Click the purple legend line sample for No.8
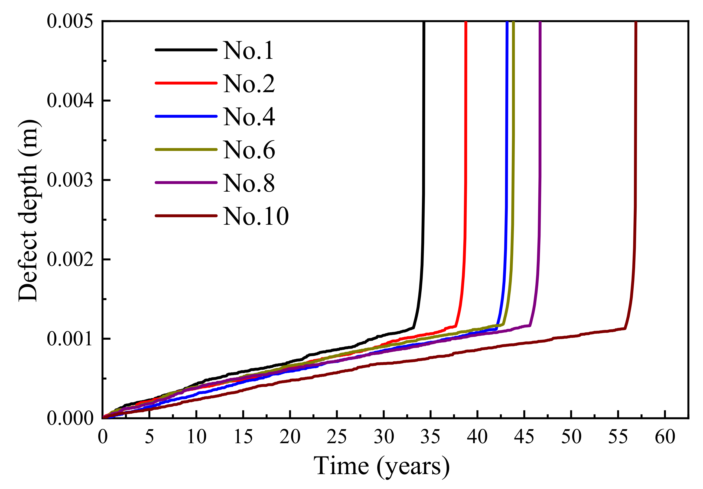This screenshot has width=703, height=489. coord(186,183)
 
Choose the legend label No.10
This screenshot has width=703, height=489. coord(256,216)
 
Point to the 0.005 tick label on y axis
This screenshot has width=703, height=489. coord(70,21)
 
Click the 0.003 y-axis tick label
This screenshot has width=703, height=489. coord(70,180)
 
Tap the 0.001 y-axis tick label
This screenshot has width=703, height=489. coord(70,339)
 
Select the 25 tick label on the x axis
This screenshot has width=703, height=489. coord(337,437)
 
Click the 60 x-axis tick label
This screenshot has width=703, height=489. coord(665,437)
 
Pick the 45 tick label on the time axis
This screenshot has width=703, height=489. coord(524,437)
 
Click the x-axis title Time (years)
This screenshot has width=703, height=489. coord(381,466)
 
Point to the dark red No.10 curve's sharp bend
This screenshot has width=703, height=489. coord(625,329)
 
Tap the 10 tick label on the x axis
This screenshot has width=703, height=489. coord(196,437)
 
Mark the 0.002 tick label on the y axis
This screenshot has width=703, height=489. coord(70,259)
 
